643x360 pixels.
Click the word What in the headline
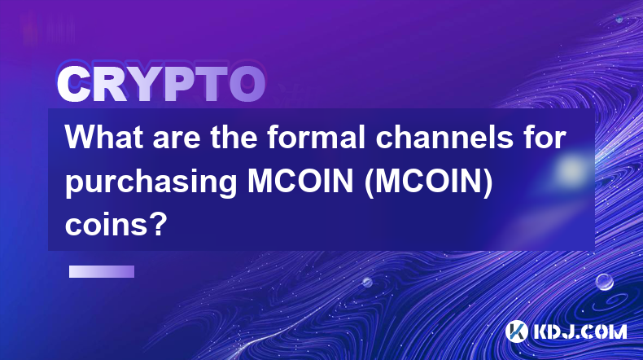pos(104,137)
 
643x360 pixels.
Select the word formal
pos(316,137)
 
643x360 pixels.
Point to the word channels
pos(444,137)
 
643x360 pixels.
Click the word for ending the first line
pos(544,137)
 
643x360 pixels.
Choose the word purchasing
pos(151,182)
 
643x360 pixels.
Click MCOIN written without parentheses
pos(300,181)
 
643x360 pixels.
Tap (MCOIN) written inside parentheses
pos(428,182)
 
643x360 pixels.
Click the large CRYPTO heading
pos(161,84)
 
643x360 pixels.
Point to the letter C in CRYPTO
pos(73,84)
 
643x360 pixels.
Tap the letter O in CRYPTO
pos(247,84)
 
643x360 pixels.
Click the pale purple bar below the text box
pos(102,271)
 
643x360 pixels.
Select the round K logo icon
pos(516,331)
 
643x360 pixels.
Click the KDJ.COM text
pos(580,331)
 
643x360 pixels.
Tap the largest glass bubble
pos(605,282)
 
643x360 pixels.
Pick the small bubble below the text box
pos(367,282)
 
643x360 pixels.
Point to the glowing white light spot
pos(571,169)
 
